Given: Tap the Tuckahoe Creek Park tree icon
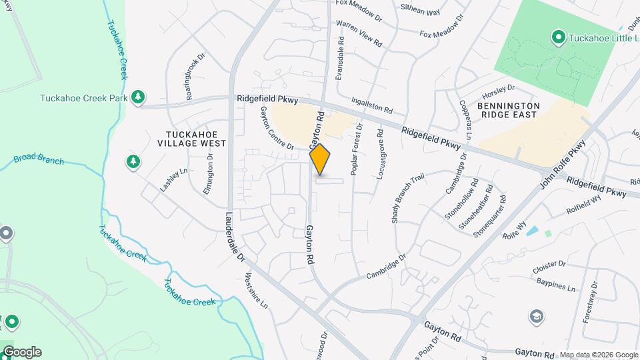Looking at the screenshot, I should coord(138,97).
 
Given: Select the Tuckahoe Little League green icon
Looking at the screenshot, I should coord(558,37).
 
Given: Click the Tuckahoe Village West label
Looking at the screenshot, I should coord(192,138).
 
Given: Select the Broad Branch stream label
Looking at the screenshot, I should coord(39,160).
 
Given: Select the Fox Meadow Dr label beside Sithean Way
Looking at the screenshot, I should coord(440,28).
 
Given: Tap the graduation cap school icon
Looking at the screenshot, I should coord(535,316).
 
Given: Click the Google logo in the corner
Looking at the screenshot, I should coord(21,351).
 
